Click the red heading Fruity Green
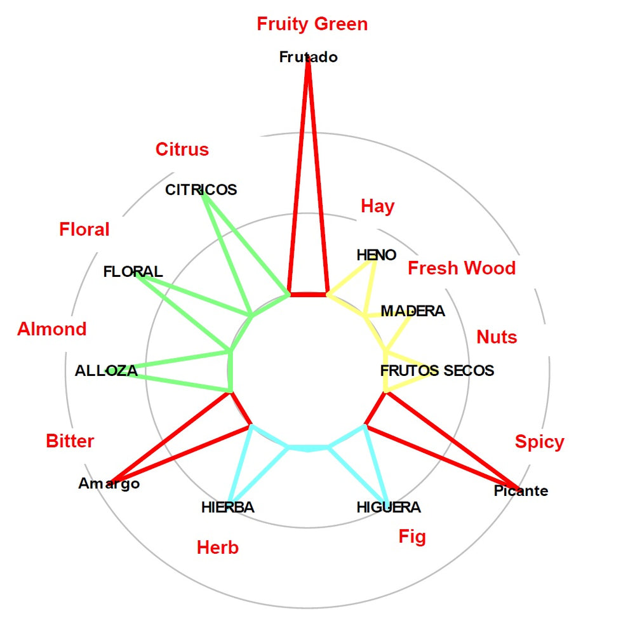click(x=312, y=24)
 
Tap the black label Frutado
click(x=308, y=57)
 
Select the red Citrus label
click(x=182, y=149)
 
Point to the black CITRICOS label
click(x=201, y=189)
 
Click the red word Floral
click(x=84, y=229)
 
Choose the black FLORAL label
click(x=133, y=272)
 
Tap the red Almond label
click(x=51, y=329)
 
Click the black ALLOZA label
click(x=106, y=371)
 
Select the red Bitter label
click(x=70, y=441)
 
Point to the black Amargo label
click(x=109, y=484)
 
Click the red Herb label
click(x=217, y=547)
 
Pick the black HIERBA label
click(x=227, y=507)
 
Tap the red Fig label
click(x=412, y=537)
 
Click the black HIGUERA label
click(x=389, y=507)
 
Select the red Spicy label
click(x=539, y=442)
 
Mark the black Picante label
click(x=521, y=491)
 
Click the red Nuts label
click(x=497, y=337)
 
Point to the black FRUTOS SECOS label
click(x=437, y=370)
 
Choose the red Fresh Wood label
click(x=462, y=268)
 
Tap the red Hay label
click(x=377, y=206)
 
